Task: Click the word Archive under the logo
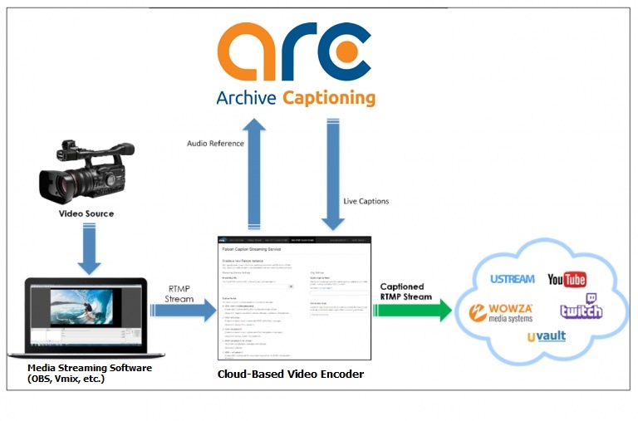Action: [247, 98]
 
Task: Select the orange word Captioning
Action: [328, 98]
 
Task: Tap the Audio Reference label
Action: [215, 143]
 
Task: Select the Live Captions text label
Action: [366, 201]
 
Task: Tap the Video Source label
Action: [86, 213]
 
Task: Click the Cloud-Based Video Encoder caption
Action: [290, 374]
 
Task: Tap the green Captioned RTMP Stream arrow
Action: [410, 310]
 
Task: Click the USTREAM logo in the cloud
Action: [512, 278]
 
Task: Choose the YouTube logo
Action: [567, 279]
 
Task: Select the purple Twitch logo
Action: [582, 307]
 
